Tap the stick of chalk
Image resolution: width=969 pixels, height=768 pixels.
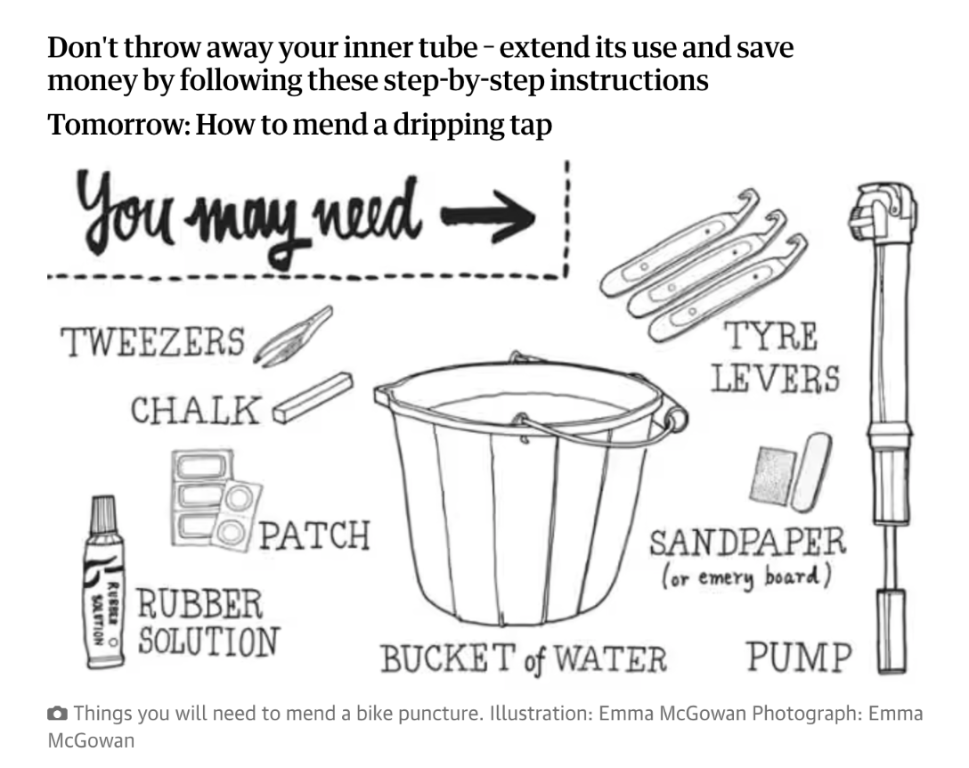[312, 396]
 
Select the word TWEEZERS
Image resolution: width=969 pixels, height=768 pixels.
[151, 342]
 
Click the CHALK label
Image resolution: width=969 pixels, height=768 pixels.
[196, 411]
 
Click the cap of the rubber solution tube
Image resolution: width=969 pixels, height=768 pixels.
[103, 517]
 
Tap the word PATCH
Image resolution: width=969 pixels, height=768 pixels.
[313, 535]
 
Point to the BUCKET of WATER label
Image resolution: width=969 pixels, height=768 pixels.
[524, 659]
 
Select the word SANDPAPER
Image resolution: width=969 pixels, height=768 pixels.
[746, 542]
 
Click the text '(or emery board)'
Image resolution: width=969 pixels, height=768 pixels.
[746, 576]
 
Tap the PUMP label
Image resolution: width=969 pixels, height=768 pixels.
[798, 658]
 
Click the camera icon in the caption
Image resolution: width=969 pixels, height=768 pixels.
[57, 713]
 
